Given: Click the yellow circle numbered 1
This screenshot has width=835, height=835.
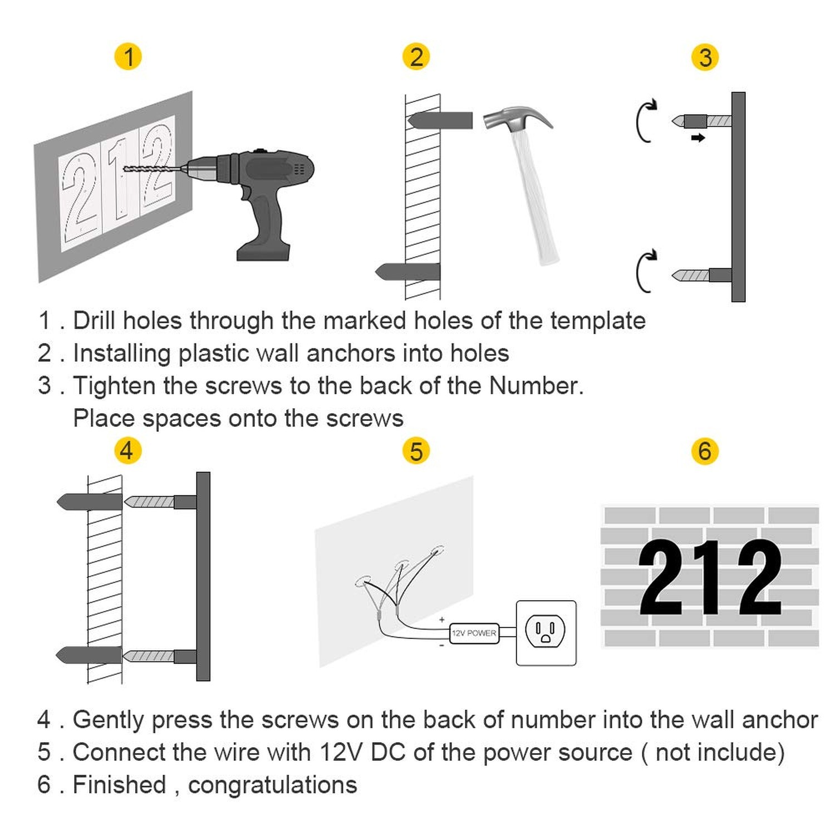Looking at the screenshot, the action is (x=128, y=57).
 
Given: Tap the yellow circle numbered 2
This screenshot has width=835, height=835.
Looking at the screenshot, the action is (x=416, y=57).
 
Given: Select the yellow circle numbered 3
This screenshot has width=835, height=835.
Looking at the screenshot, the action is (x=705, y=57).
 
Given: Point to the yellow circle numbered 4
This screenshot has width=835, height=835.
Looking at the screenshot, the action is (x=127, y=450).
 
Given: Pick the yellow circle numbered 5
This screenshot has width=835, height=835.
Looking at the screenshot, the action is (x=416, y=451).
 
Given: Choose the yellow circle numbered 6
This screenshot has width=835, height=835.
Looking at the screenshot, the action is (x=705, y=451).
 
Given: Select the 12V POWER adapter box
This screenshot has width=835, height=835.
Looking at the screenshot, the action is (x=474, y=633).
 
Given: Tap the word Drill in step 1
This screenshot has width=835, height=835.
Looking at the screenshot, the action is (x=95, y=320).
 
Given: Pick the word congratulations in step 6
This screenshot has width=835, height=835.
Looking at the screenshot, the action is (x=272, y=785).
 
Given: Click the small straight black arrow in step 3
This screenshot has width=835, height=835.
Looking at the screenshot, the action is (x=698, y=137).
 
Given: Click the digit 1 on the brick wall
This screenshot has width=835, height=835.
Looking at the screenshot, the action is (x=709, y=578).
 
